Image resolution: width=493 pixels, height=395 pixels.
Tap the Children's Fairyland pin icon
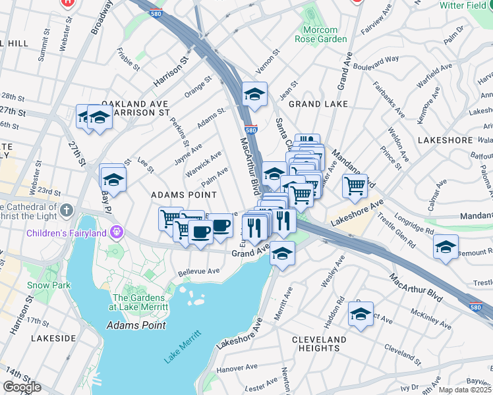pos(117,232)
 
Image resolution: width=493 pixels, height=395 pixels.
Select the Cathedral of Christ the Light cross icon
pos(65,211)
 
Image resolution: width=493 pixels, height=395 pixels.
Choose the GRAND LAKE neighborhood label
pos(318,104)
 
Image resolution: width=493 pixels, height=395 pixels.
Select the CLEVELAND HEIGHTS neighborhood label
pos(319,344)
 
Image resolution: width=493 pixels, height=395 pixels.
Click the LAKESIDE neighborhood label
pos(53,338)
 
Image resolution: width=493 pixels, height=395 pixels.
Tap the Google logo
pos(22,387)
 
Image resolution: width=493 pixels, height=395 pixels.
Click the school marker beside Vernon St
pos(254,93)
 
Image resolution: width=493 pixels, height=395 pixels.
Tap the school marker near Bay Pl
pos(113,177)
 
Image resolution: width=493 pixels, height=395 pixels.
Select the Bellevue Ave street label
pos(198,271)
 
